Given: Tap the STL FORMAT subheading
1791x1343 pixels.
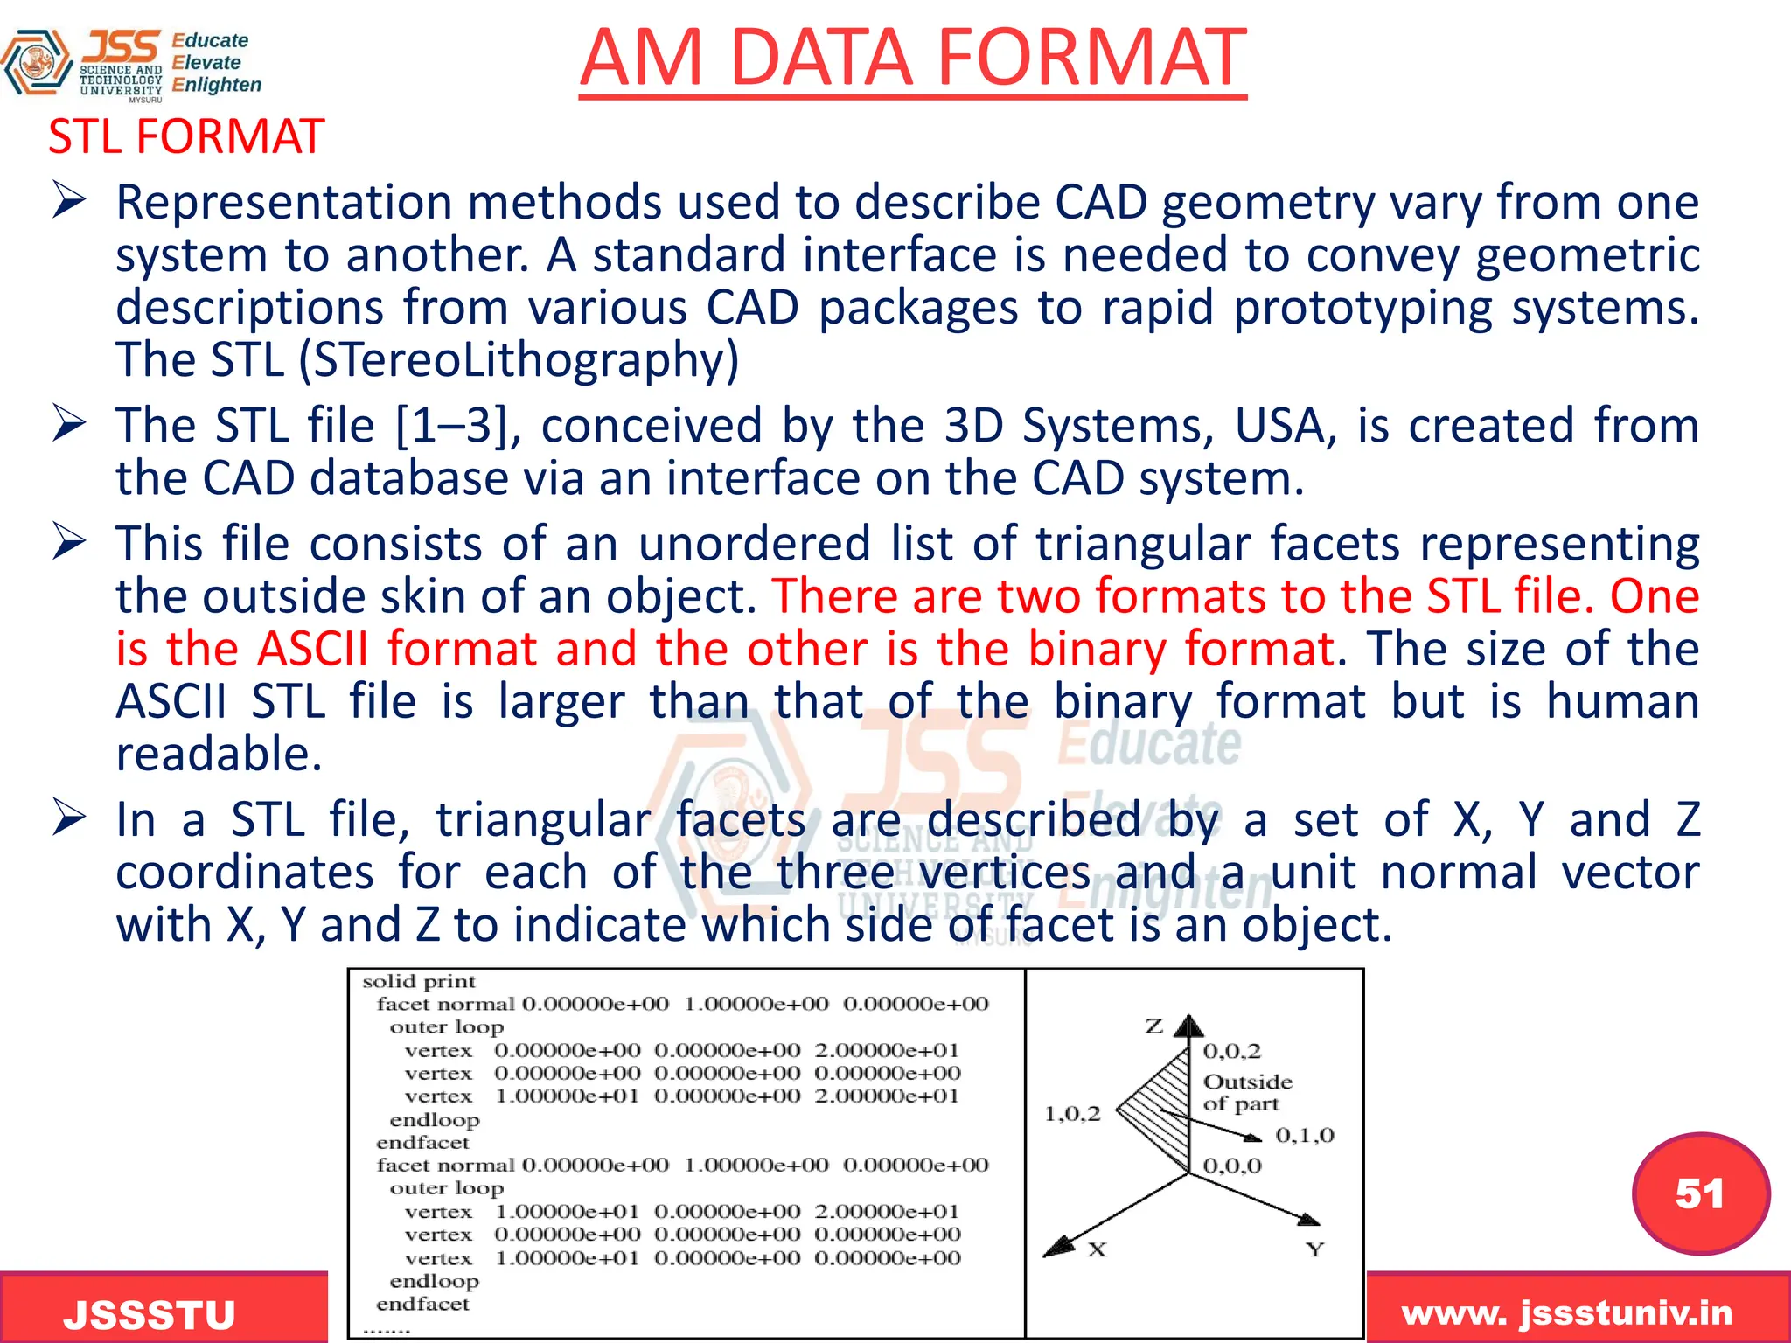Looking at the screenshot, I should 186,137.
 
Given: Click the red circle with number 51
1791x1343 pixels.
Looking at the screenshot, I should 1700,1193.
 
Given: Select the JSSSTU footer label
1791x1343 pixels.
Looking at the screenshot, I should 150,1314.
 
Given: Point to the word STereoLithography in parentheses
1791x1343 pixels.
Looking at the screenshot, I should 519,360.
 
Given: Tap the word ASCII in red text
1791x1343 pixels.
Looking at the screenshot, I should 314,650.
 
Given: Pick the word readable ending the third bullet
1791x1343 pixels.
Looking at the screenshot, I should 219,755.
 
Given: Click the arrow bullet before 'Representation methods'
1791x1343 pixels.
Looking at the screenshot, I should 68,200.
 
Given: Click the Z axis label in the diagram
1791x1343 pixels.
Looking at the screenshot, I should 1154,1026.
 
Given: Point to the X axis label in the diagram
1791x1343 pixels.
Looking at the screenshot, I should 1098,1250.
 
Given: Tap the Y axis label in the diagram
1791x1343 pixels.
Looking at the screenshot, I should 1314,1250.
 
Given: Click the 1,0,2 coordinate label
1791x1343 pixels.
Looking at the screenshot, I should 1072,1114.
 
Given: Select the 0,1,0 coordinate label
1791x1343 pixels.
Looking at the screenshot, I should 1304,1136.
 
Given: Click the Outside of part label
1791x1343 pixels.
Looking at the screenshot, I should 1246,1093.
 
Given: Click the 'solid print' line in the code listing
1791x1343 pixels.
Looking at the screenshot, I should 419,982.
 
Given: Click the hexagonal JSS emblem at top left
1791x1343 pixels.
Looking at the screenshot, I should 36,62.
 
